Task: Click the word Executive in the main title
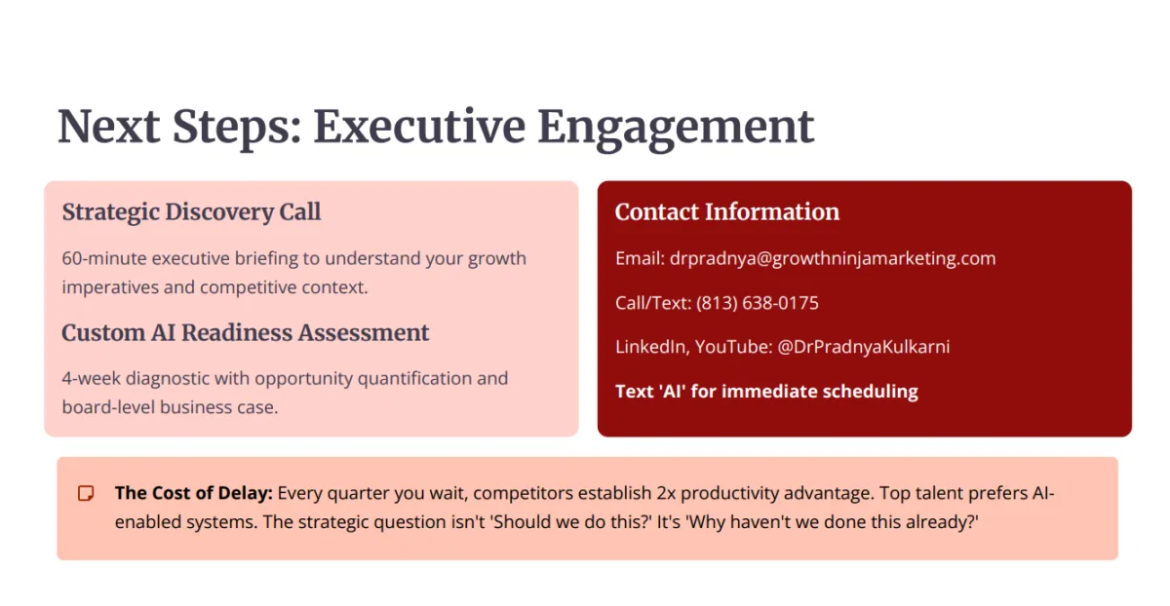click(419, 127)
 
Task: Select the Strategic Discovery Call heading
click(191, 212)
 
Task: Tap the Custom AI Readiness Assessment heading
click(245, 332)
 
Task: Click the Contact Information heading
click(727, 211)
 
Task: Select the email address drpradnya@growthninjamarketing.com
click(833, 258)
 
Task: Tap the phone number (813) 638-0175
click(758, 303)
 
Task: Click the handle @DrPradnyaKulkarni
click(864, 347)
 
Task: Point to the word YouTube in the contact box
click(733, 347)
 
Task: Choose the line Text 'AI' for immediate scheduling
click(766, 392)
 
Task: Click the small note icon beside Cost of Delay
click(86, 493)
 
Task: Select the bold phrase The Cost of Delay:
click(194, 493)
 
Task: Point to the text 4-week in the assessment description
click(91, 378)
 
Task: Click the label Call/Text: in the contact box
click(653, 303)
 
